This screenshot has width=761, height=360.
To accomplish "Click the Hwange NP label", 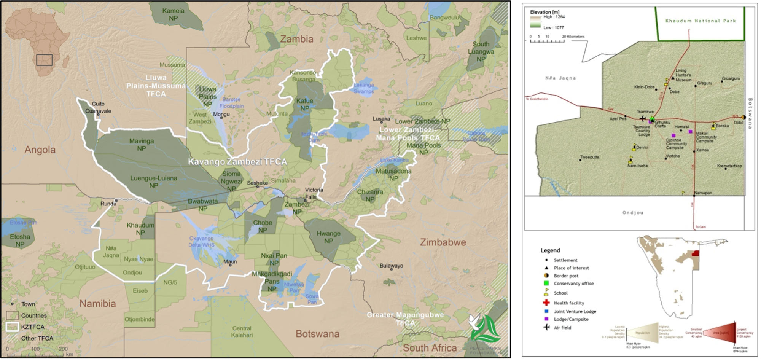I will tap(328, 237).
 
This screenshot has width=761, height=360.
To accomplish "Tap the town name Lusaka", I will tap(381, 119).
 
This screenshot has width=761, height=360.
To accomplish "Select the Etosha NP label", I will tap(20, 241).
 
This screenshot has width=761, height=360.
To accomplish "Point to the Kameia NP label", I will tap(173, 14).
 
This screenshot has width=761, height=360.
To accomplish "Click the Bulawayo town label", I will tap(391, 266).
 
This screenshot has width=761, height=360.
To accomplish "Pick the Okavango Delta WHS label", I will tap(201, 242).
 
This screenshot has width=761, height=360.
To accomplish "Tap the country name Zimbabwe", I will tap(443, 242).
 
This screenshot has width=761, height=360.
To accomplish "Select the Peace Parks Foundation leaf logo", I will tap(485, 329).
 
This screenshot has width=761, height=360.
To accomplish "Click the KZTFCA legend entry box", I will tap(12, 327).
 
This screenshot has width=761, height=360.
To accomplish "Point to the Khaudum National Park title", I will tap(701, 21).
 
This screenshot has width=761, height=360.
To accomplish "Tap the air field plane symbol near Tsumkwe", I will tap(642, 119).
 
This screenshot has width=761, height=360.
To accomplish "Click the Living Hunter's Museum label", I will tap(683, 75).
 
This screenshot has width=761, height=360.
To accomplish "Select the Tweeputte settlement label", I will tap(589, 157).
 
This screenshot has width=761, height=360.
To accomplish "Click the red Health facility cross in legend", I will tap(546, 303).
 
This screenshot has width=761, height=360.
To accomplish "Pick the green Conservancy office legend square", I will tap(546, 283).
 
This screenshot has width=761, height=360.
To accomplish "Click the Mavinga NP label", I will tap(142, 145).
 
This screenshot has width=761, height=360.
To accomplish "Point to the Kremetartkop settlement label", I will tap(729, 166).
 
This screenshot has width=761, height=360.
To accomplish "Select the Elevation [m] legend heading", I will tap(544, 12).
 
